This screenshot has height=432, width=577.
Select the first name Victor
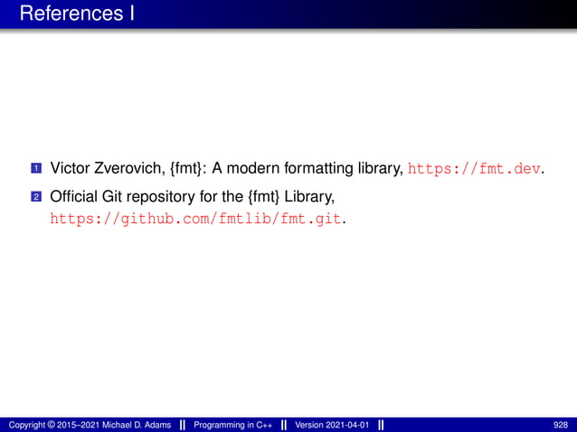(70, 168)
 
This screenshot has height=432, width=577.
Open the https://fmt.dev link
(477, 168)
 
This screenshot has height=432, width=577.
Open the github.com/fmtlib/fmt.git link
(197, 219)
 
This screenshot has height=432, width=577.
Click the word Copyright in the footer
(25, 425)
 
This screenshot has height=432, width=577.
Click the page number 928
(562, 425)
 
